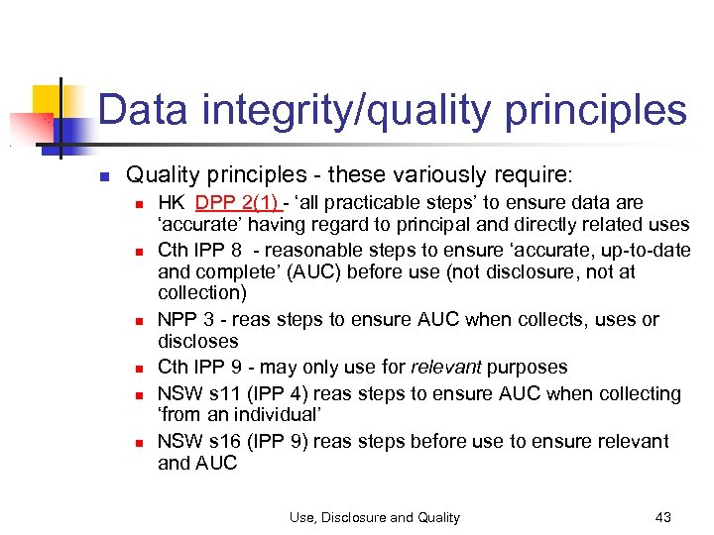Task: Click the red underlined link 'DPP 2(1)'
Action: point(237,203)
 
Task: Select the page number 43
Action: point(663,517)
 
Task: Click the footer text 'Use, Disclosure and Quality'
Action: point(375,517)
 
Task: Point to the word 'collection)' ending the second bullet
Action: point(202,294)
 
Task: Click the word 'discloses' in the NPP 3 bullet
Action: point(198,342)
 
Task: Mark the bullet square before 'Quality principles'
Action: point(102,177)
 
